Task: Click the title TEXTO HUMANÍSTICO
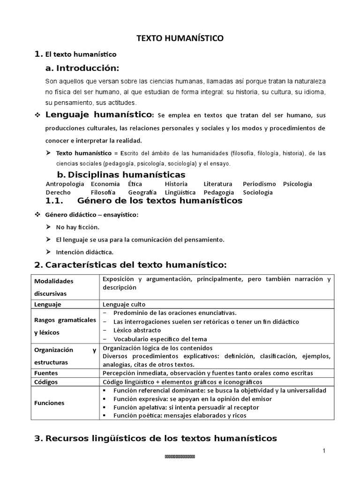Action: (x=180, y=39)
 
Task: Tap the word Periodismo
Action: (x=259, y=184)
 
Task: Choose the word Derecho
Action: (x=58, y=192)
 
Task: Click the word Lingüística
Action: (x=180, y=192)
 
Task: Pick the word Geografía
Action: (x=142, y=192)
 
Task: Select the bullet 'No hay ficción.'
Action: (x=77, y=227)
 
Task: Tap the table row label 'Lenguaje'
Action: (x=48, y=304)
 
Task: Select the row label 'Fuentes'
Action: (x=46, y=373)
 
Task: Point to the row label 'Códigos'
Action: (x=46, y=382)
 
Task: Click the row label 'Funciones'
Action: (x=49, y=403)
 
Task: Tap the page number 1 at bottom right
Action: (x=323, y=450)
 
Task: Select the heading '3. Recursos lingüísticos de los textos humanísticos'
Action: (x=156, y=438)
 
